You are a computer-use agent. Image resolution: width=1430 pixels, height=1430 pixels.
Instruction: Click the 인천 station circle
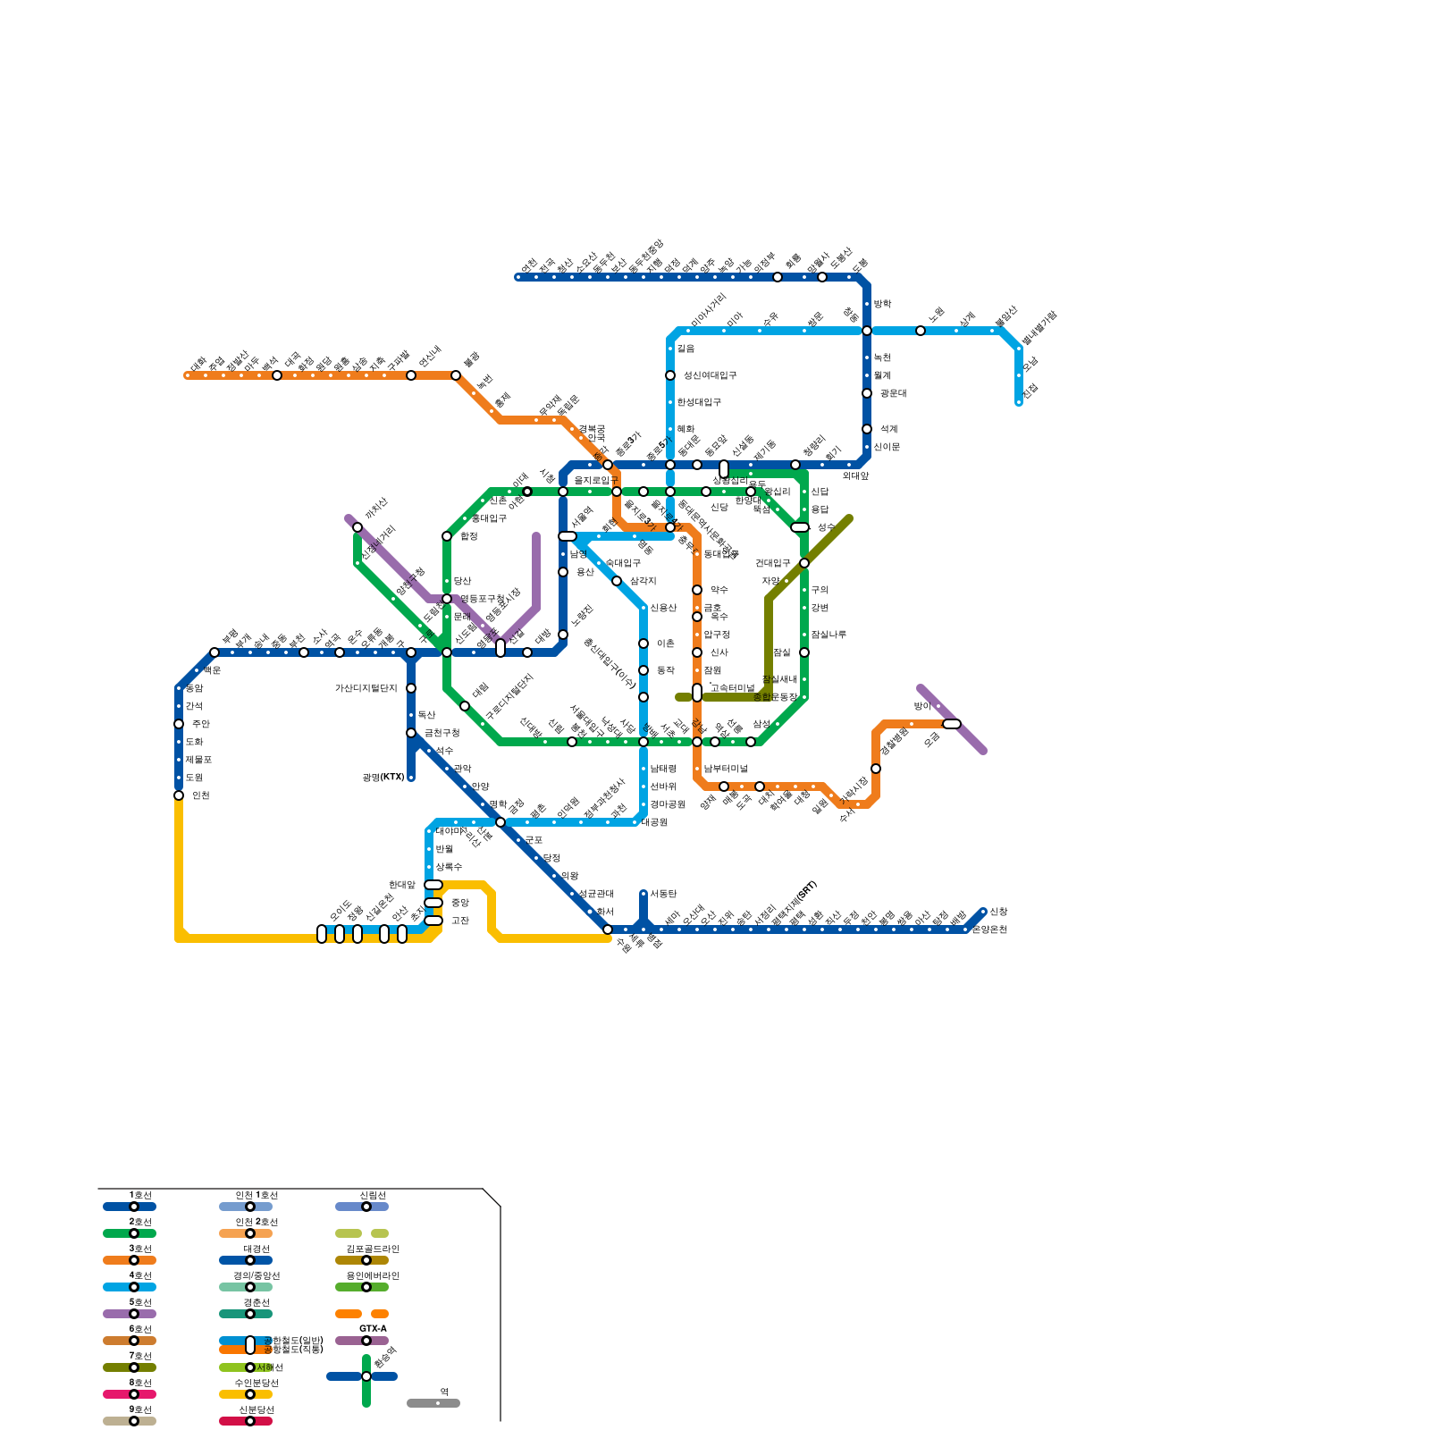(x=179, y=795)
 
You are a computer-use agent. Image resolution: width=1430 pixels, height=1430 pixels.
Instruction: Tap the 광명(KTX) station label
(x=383, y=778)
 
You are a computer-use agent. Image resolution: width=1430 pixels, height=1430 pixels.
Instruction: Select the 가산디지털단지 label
(x=366, y=688)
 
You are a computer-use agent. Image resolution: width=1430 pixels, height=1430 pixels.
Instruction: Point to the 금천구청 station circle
(x=411, y=733)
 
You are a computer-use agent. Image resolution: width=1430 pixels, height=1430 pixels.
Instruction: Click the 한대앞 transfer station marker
(x=433, y=885)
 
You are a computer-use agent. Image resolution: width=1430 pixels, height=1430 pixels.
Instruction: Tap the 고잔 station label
(x=459, y=921)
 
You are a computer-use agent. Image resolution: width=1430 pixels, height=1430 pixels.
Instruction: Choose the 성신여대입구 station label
(x=710, y=375)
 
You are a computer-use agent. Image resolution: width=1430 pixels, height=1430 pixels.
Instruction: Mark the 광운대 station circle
(x=867, y=393)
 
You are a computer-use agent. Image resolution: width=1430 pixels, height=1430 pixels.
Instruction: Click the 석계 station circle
(x=867, y=429)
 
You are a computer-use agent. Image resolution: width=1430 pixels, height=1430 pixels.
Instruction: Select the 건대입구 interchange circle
(x=804, y=563)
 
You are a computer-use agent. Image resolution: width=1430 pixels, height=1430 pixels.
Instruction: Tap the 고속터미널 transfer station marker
(x=697, y=693)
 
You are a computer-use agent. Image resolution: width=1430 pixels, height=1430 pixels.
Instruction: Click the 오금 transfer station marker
(x=952, y=724)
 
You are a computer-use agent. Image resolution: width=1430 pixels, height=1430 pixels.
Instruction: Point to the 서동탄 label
(x=663, y=894)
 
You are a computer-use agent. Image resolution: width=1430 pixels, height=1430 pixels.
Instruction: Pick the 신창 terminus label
(x=998, y=912)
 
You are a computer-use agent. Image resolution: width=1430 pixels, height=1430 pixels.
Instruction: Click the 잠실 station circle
(x=804, y=652)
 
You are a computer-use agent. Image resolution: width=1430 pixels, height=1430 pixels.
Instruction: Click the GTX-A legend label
(x=373, y=1329)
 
